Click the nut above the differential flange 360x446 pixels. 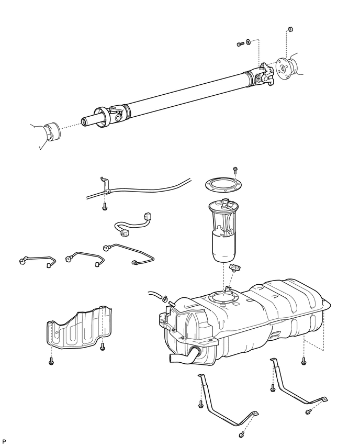click(290, 29)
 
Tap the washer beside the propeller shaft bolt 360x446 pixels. click(248, 42)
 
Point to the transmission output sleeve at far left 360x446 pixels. click(52, 131)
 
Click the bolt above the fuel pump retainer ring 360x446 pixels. click(235, 170)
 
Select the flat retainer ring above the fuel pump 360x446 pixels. click(224, 185)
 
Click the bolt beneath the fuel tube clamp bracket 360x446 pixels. click(105, 206)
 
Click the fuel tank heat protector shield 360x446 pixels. click(80, 327)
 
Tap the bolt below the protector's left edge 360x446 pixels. click(51, 361)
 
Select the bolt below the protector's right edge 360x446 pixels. click(103, 347)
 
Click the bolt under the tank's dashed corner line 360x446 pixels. click(303, 361)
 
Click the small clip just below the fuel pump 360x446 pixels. click(234, 267)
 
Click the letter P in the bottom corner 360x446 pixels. click(4, 441)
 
